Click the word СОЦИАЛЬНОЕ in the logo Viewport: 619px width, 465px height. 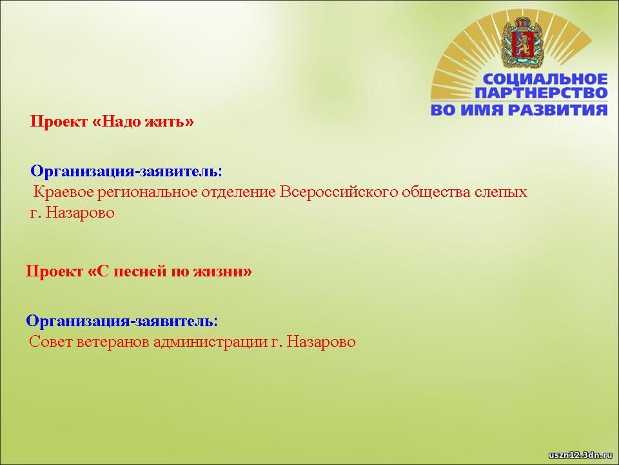coord(545,79)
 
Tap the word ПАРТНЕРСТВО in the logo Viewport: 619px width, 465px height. coord(541,93)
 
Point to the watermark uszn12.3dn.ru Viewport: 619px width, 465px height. coord(580,455)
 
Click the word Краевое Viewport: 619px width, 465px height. coord(64,192)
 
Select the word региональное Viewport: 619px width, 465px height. coord(148,193)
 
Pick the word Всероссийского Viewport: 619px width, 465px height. coord(339,192)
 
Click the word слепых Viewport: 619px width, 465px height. coord(501,193)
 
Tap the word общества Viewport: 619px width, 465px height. coord(437,192)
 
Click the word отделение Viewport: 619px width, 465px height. coord(239,193)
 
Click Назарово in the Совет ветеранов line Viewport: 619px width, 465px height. coord(321,342)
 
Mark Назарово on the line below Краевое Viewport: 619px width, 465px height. coord(80,212)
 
